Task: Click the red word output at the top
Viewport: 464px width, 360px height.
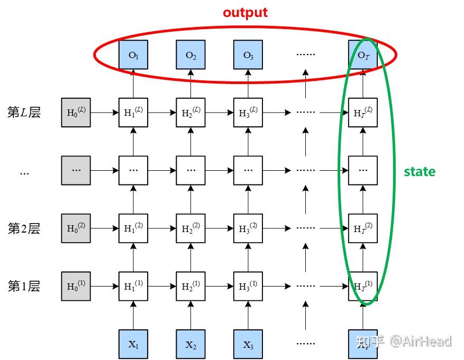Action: pos(245,13)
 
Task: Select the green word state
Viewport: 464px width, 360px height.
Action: pos(420,172)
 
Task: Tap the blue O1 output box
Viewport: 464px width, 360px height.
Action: pos(133,54)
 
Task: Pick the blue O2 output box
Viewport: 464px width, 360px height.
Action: pos(191,54)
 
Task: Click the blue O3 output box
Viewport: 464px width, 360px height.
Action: pos(248,54)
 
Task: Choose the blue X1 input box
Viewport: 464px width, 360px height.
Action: pos(133,344)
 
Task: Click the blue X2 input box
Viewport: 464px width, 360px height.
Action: pos(191,344)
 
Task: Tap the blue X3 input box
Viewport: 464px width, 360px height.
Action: pos(248,344)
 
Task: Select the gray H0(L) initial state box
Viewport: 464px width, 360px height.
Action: pos(76,112)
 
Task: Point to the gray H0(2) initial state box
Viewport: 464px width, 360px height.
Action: pos(76,228)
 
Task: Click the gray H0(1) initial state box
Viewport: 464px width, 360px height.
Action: pos(76,286)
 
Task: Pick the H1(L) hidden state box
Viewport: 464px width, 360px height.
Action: pos(133,112)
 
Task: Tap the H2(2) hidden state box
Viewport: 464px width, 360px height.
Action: pos(191,228)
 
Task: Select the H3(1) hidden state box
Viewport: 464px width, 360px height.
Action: pos(248,286)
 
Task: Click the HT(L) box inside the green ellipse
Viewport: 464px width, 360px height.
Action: pos(363,112)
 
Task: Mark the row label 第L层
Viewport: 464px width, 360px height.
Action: pos(24,112)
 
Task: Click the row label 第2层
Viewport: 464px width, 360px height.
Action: pos(24,228)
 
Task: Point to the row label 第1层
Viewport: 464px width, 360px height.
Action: pos(24,286)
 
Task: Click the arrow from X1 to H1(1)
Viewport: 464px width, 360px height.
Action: pos(133,315)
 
